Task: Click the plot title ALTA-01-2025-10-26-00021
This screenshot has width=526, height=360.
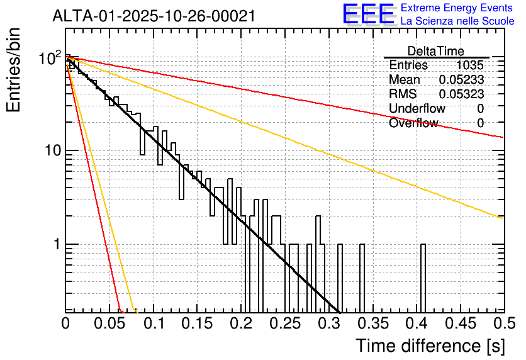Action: (154, 16)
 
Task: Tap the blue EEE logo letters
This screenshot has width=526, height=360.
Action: (369, 14)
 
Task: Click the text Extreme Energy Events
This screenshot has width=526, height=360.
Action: (457, 8)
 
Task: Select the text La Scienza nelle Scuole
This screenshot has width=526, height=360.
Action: (457, 21)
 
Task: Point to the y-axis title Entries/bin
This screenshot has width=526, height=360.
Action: (13, 70)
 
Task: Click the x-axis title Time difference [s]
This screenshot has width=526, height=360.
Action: (430, 346)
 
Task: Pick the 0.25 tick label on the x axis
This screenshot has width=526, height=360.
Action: (285, 323)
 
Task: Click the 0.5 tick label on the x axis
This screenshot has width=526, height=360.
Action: (505, 323)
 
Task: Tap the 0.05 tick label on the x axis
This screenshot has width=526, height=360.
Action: (109, 323)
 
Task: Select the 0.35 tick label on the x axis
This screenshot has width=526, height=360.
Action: (373, 323)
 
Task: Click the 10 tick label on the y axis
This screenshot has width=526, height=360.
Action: (53, 150)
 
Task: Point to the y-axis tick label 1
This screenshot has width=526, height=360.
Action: (57, 244)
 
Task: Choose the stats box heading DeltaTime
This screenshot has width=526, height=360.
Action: (436, 51)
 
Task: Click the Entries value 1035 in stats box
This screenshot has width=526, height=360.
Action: (469, 65)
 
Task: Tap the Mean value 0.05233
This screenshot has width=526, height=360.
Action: (461, 79)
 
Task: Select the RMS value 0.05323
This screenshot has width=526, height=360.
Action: (461, 94)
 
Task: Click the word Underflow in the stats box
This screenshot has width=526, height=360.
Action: (417, 108)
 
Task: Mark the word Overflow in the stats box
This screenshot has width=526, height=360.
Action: (413, 123)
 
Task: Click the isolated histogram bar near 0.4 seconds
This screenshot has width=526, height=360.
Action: (423, 278)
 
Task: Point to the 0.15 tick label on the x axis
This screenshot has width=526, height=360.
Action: (198, 323)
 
